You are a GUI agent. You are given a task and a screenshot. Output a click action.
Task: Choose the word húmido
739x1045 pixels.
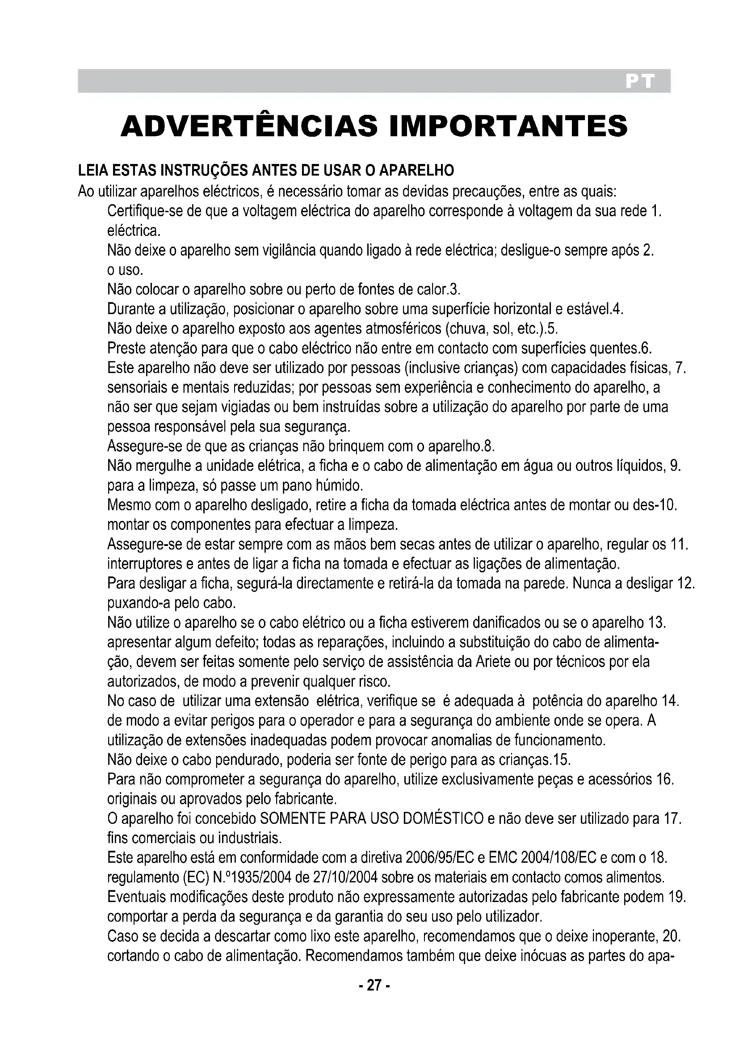340,486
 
